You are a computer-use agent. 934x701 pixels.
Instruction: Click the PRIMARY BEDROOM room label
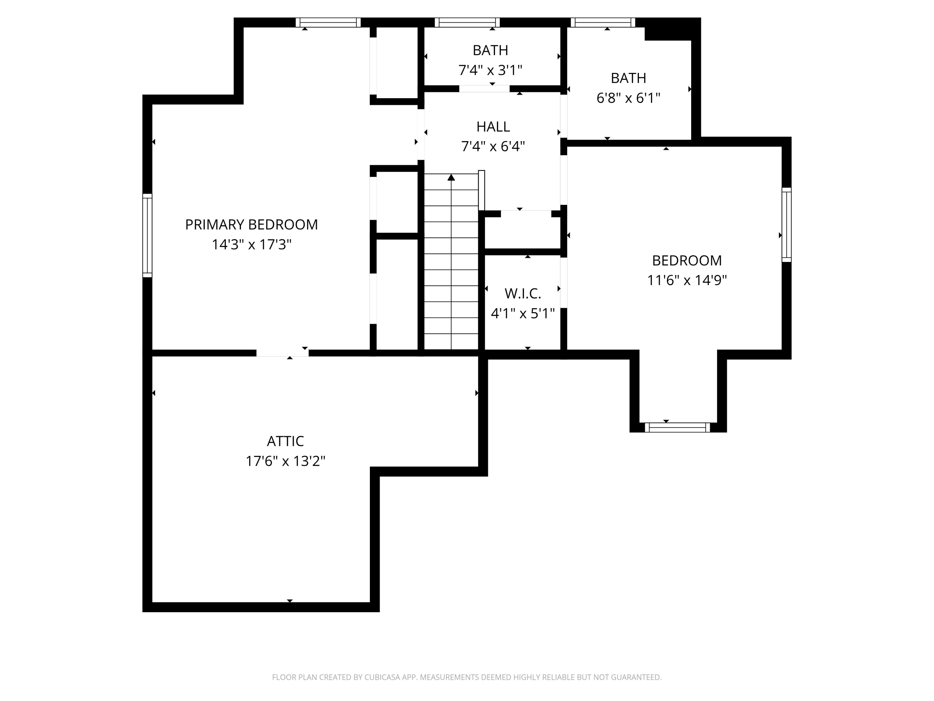tap(251, 224)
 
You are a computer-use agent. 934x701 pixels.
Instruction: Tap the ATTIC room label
tap(285, 441)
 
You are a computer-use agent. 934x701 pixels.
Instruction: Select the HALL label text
tap(493, 126)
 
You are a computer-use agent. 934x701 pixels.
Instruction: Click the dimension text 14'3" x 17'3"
tap(252, 244)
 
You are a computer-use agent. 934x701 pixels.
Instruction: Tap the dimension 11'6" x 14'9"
tap(687, 280)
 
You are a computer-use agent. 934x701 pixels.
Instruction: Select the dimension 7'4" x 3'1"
tap(490, 70)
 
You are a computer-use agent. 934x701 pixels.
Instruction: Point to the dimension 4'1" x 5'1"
tap(523, 313)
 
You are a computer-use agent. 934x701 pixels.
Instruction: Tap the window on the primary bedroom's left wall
tap(147, 235)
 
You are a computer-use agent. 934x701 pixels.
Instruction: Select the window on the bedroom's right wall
tap(787, 225)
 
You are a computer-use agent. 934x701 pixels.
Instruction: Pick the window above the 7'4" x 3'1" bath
tap(467, 22)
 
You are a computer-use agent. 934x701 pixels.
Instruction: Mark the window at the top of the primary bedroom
tap(328, 22)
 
